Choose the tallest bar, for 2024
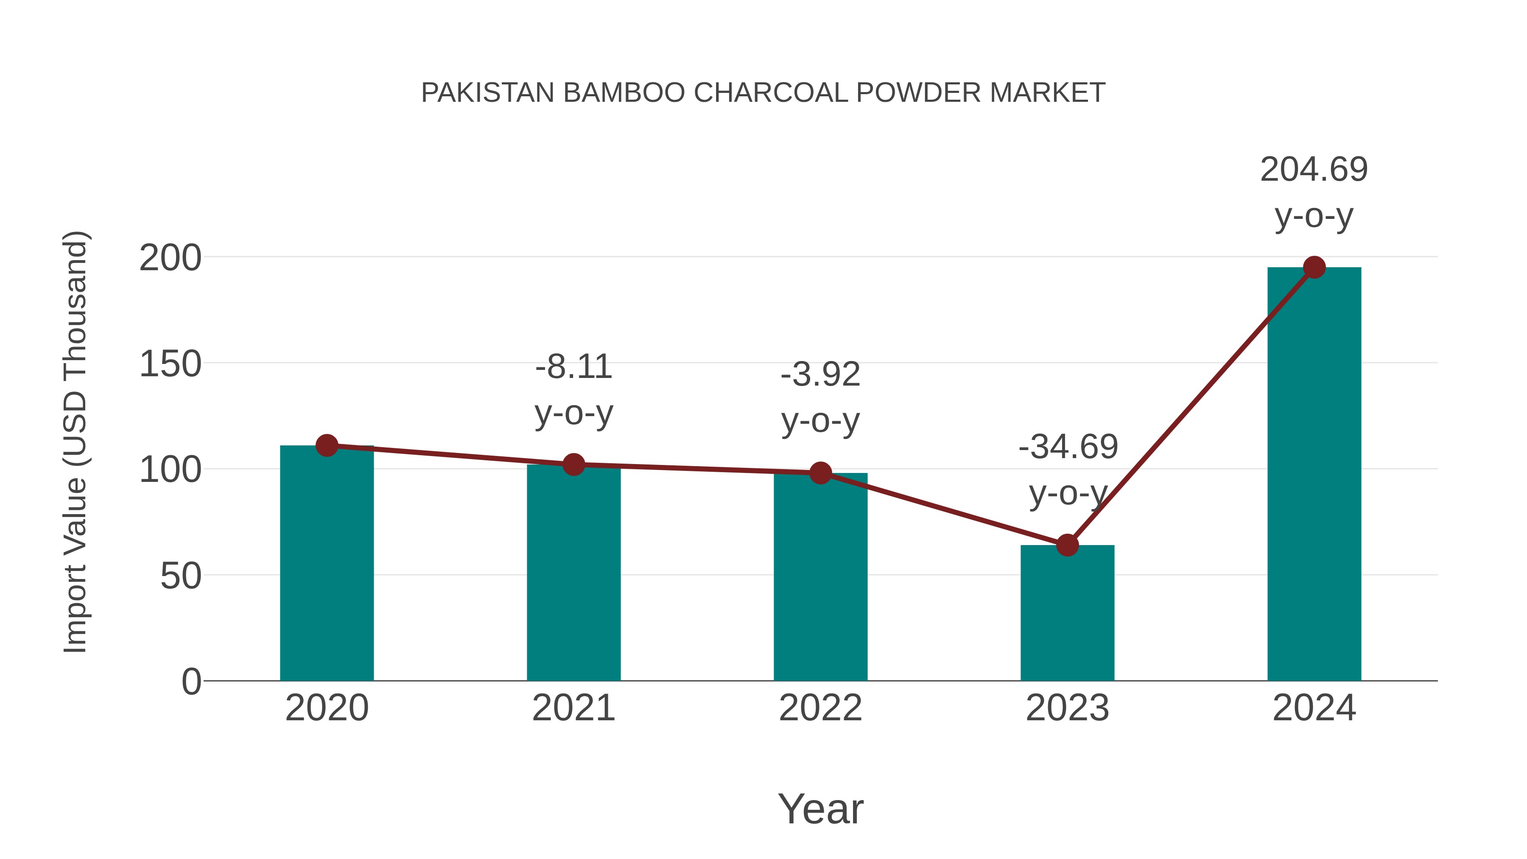(1314, 474)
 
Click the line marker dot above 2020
(327, 445)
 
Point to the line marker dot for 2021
(573, 465)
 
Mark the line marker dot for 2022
(820, 473)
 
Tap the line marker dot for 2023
(1067, 545)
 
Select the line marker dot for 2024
(1314, 267)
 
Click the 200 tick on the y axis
(170, 258)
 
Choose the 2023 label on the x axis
(1067, 708)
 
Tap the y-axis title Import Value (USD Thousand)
(75, 442)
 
